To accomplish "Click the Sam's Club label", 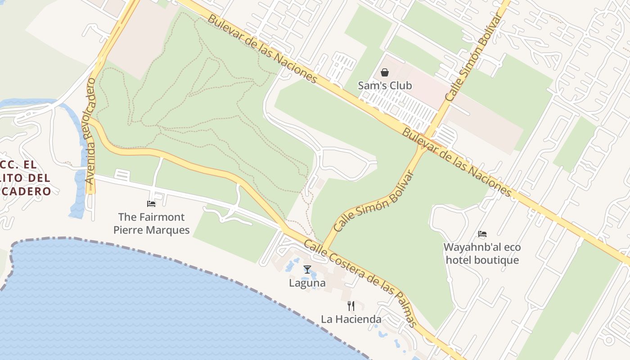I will pos(385,85).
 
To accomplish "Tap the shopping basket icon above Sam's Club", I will pos(385,72).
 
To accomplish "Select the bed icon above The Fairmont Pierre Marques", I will pos(151,204).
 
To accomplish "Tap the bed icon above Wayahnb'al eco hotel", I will pos(482,234).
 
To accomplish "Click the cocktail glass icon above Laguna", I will pos(307,270).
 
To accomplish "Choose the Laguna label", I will pos(307,283).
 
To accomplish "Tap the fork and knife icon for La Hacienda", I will pos(351,306).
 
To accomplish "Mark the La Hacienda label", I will pos(351,319).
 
